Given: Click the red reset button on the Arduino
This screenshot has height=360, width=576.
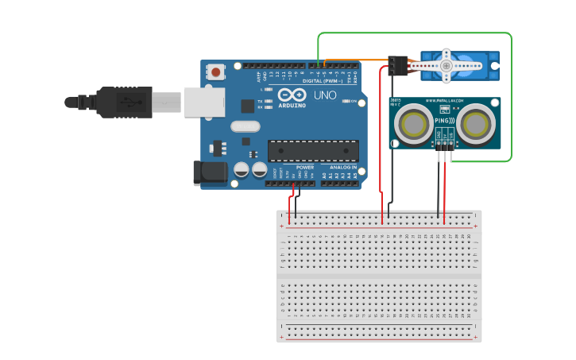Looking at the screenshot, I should pyautogui.click(x=215, y=72).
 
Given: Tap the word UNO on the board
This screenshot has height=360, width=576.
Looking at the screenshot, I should pyautogui.click(x=325, y=95).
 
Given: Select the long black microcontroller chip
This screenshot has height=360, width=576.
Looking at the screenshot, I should pyautogui.click(x=312, y=150).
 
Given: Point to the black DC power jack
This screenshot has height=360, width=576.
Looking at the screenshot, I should pyautogui.click(x=206, y=173).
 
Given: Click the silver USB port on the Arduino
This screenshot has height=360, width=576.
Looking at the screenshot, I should pyautogui.click(x=204, y=103).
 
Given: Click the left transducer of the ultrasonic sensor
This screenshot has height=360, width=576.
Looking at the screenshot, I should pyautogui.click(x=413, y=124).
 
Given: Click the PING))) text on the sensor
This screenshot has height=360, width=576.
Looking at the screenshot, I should pyautogui.click(x=445, y=121).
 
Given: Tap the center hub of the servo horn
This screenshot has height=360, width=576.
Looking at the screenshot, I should pyautogui.click(x=446, y=66).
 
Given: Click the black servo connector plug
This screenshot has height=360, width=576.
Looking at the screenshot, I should pyautogui.click(x=398, y=65).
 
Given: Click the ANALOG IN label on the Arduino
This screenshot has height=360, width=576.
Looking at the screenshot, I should pyautogui.click(x=343, y=168).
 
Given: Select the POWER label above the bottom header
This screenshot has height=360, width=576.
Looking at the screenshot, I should pyautogui.click(x=305, y=168).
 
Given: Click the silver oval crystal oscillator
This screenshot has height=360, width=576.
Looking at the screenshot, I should pyautogui.click(x=245, y=126).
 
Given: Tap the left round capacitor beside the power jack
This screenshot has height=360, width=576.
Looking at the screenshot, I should pyautogui.click(x=242, y=169).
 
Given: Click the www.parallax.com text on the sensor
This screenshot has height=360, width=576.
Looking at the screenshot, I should pyautogui.click(x=445, y=101).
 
